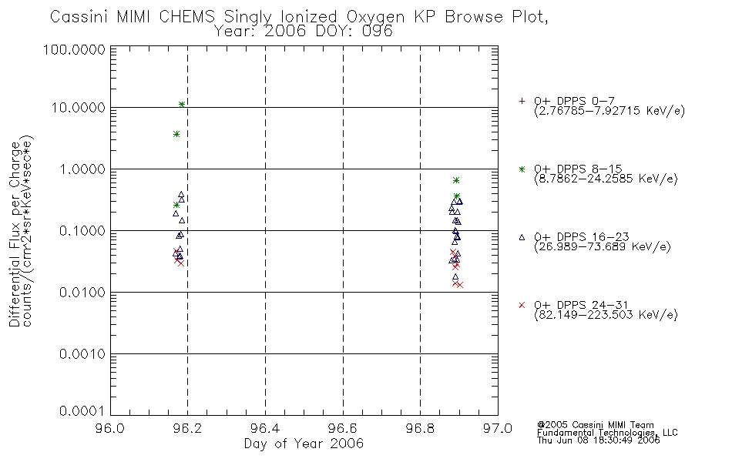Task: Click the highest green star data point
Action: [182, 105]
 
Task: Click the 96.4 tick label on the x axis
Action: [265, 428]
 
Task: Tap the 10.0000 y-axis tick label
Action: [79, 108]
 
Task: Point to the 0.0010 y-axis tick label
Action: [82, 354]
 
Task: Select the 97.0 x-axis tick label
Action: [498, 428]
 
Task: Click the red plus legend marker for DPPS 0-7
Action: [522, 101]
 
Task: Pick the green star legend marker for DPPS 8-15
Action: [522, 169]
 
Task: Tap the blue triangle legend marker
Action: [522, 237]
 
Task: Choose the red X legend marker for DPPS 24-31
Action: [522, 305]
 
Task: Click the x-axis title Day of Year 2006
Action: [304, 444]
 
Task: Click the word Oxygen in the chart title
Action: [375, 17]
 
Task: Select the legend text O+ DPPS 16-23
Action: [582, 236]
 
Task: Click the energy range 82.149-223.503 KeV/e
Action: [606, 315]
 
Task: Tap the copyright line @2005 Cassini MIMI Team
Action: [595, 425]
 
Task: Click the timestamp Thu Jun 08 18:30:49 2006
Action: [599, 440]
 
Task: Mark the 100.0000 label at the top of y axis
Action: [75, 49]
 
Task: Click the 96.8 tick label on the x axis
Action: [420, 428]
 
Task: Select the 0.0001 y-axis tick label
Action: [82, 411]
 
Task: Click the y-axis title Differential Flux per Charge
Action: [14, 234]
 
